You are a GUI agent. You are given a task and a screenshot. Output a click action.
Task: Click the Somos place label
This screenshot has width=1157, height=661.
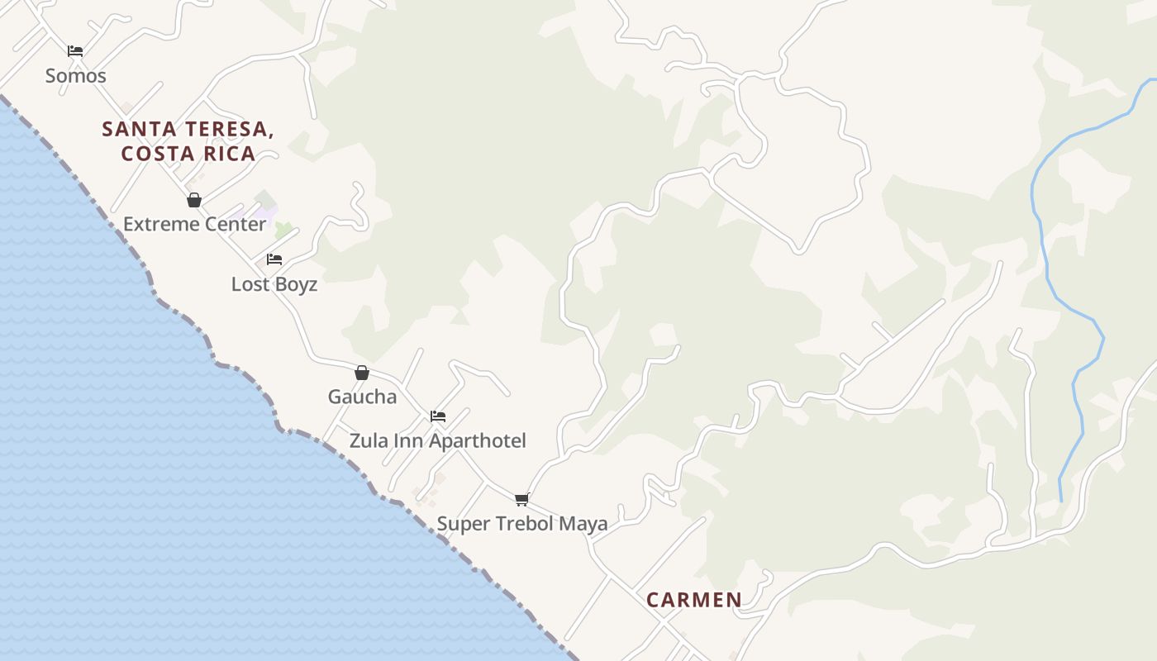coord(75,76)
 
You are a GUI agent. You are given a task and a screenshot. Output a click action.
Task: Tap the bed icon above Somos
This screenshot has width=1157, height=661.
coord(75,51)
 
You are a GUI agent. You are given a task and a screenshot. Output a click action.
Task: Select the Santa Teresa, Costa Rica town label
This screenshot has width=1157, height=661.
coord(188,141)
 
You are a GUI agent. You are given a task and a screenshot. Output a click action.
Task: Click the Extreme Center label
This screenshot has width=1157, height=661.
coord(195,224)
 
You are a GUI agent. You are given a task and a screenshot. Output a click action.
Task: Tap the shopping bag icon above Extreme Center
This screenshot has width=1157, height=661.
coord(194,200)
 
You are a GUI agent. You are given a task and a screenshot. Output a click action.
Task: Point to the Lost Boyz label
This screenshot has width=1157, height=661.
coord(274,284)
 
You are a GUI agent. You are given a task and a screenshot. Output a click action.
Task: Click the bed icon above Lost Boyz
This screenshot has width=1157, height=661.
coord(274,259)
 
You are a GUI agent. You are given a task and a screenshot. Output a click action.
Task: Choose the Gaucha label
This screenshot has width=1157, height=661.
coord(362,397)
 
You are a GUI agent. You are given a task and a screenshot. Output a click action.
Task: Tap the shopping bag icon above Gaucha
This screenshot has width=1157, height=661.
coord(362,373)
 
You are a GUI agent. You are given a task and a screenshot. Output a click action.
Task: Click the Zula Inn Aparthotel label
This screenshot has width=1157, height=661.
coord(437,440)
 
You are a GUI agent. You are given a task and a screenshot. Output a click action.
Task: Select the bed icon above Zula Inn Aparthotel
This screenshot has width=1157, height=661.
coord(438,416)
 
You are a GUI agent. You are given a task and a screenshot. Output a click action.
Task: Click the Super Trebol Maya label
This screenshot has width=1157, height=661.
coord(521,524)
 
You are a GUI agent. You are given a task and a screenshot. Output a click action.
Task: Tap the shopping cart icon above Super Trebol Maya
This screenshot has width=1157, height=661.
coord(521,499)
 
